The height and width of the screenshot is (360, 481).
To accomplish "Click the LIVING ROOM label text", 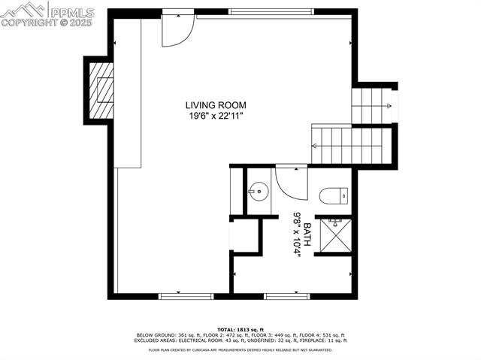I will coord(216,105).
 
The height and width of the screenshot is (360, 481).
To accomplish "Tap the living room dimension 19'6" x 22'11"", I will coord(216,116).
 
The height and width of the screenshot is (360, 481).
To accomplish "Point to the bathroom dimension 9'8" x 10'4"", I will coord(296,234).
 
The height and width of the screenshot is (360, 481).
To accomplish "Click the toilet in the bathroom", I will coord(333,196).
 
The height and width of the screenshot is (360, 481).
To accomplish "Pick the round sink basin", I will coord(259,192).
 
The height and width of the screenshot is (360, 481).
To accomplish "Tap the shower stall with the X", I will coord(333,234).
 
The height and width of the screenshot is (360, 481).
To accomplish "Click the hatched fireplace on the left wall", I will coord(101,89).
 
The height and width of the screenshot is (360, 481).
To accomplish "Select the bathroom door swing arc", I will coord(290,182).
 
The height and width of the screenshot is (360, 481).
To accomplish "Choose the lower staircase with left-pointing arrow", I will coord(349,145).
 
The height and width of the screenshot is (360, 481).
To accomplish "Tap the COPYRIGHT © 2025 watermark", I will coord(47,23).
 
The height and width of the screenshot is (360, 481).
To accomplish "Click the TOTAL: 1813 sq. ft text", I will coord(240,329).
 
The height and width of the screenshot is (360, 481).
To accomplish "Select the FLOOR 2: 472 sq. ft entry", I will coord(211,335).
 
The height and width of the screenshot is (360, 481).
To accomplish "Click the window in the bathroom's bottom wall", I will coord(287,295).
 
